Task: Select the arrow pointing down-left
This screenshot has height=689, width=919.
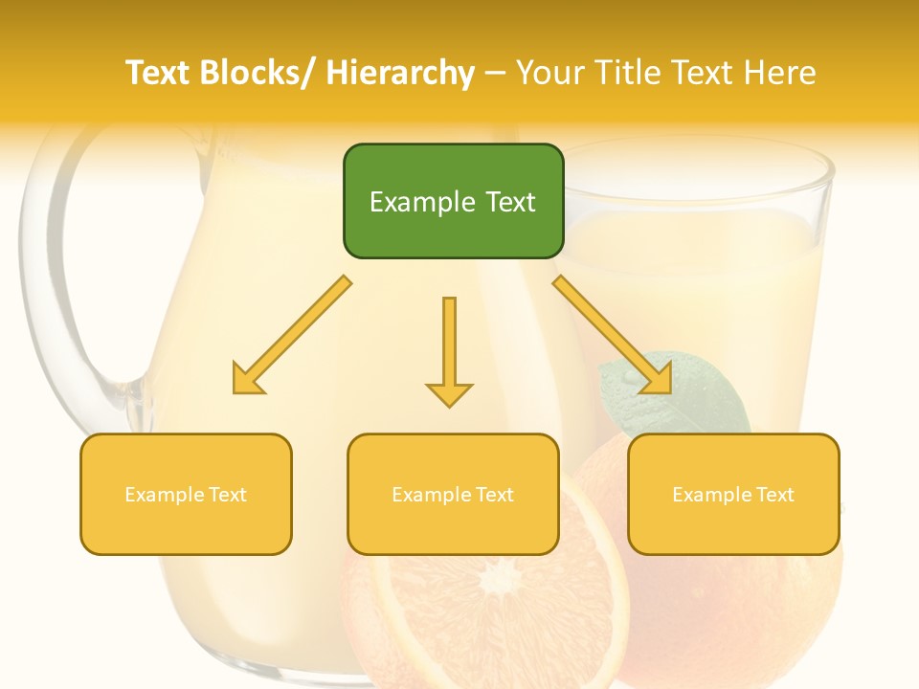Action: (292, 335)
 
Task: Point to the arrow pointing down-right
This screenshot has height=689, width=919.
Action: (613, 335)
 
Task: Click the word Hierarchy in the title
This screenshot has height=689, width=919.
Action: (400, 73)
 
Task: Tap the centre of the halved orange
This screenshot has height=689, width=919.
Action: (498, 580)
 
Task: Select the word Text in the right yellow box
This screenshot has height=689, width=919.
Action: (773, 495)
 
